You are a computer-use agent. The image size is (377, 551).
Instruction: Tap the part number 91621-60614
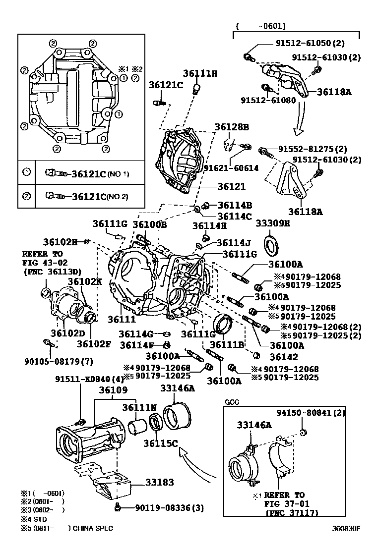pyautogui.click(x=231, y=168)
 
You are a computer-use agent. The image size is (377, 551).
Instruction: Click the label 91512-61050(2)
pyautogui.click(x=310, y=44)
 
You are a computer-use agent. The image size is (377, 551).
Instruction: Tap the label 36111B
pyautogui.click(x=227, y=344)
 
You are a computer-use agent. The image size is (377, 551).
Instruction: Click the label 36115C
pyautogui.click(x=160, y=443)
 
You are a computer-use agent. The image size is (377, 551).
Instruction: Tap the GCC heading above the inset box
pyautogui.click(x=232, y=402)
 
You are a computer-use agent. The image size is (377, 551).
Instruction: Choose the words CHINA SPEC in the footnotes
pyautogui.click(x=93, y=528)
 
